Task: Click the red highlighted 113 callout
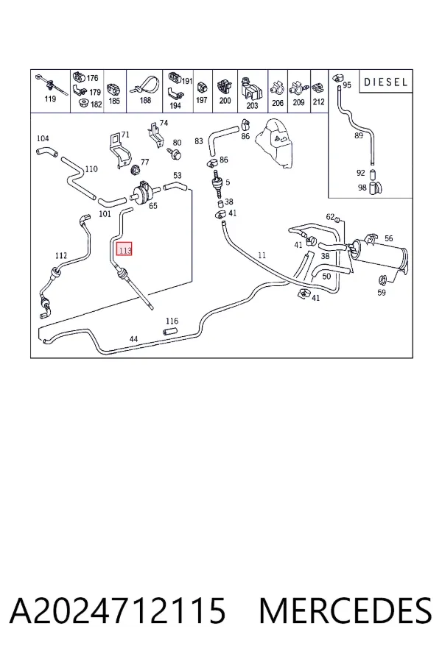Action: (124, 249)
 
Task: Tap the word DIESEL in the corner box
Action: (386, 82)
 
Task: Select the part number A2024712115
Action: (118, 611)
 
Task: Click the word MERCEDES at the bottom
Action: (345, 611)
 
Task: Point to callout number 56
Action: (389, 238)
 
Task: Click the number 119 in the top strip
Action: (50, 99)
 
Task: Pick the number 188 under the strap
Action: (145, 101)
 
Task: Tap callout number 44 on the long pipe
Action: (133, 338)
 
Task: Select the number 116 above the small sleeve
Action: (172, 321)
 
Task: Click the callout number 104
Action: (43, 138)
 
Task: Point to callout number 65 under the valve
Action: (152, 206)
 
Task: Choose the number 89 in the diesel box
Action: (359, 135)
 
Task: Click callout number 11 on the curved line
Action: (262, 255)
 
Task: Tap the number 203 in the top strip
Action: (252, 104)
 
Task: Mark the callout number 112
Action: (61, 256)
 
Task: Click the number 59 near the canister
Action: (382, 292)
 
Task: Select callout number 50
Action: (326, 277)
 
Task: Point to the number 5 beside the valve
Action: (228, 182)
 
